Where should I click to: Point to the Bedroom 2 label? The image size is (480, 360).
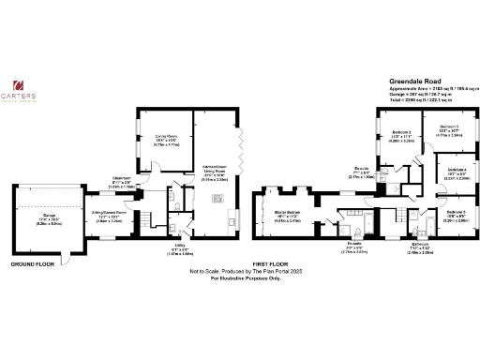tap(401, 134)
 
